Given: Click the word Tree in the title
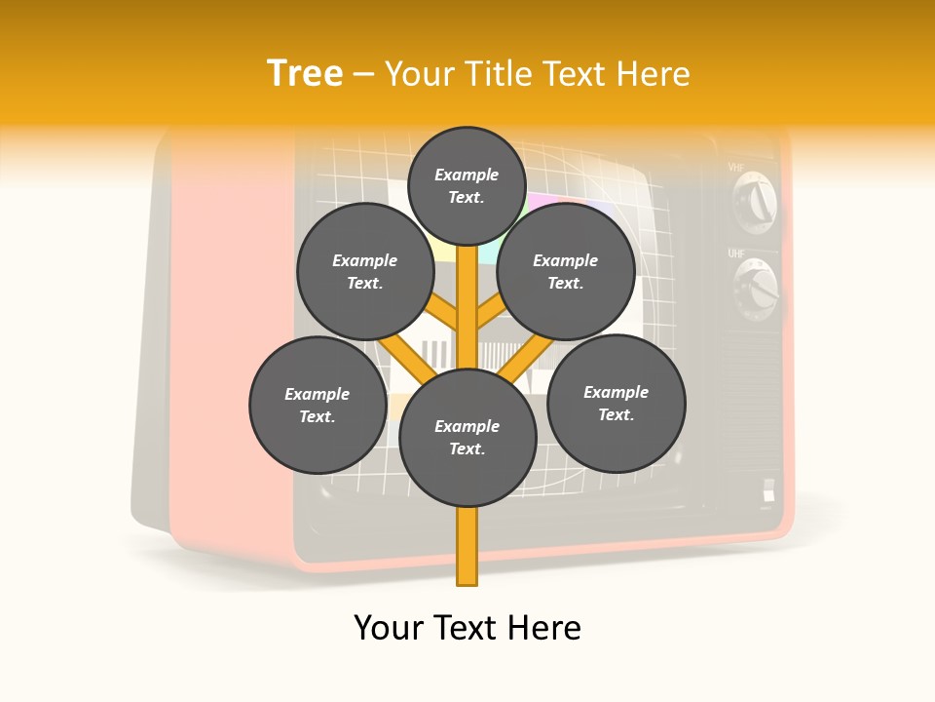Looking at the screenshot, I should pyautogui.click(x=305, y=73).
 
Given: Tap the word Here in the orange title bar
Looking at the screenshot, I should pyautogui.click(x=654, y=73).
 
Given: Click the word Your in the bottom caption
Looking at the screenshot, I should pyautogui.click(x=389, y=628).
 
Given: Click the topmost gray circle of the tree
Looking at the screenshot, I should pyautogui.click(x=467, y=185).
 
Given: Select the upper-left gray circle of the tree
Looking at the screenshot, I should pyautogui.click(x=364, y=271).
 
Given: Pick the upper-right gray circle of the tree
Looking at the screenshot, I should pyautogui.click(x=566, y=271).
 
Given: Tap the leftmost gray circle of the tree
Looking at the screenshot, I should pyautogui.click(x=318, y=405).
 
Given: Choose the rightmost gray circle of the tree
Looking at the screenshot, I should pyautogui.click(x=616, y=403).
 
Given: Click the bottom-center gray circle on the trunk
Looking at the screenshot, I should pyautogui.click(x=467, y=438).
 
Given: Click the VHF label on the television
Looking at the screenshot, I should pyautogui.click(x=736, y=167).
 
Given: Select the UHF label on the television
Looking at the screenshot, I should pyautogui.click(x=736, y=253).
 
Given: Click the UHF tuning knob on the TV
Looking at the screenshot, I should pyautogui.click(x=757, y=290).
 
